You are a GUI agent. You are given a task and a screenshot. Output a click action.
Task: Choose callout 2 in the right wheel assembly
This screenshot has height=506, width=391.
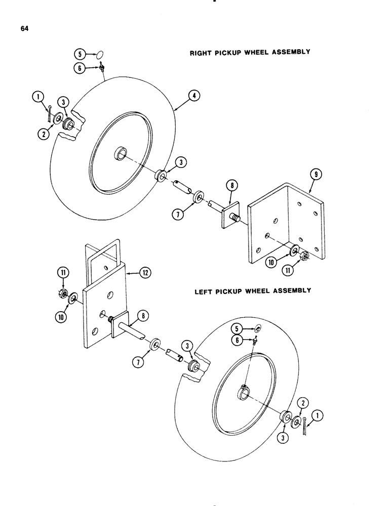(x=45, y=134)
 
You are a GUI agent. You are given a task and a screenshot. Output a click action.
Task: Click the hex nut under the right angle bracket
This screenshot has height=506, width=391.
(x=305, y=256)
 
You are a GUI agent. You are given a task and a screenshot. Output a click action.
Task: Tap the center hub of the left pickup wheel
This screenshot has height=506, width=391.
(x=245, y=391)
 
